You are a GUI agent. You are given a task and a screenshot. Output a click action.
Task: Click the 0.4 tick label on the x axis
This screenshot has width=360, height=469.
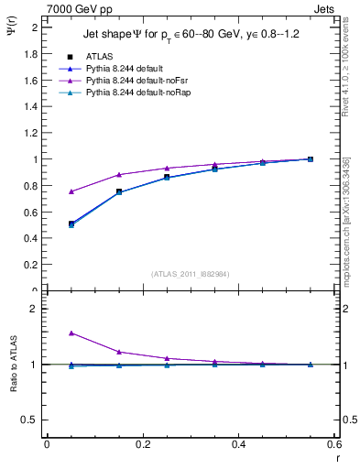coord(238,444)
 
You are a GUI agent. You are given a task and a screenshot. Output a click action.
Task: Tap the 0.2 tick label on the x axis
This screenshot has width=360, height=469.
coord(142,444)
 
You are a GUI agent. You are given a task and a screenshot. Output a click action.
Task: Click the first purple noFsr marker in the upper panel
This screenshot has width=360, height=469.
coord(47,191)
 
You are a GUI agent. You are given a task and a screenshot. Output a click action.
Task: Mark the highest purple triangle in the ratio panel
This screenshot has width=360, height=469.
coord(47,333)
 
